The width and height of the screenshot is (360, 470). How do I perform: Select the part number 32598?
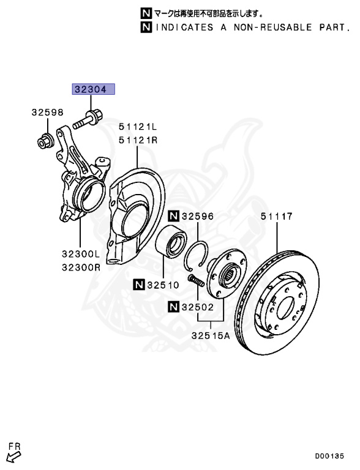(48, 113)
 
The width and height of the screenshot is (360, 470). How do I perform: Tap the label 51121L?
(138, 127)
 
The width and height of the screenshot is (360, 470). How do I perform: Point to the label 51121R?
(138, 140)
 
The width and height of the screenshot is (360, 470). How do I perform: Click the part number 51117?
(276, 216)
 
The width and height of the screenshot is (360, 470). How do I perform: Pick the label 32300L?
(80, 254)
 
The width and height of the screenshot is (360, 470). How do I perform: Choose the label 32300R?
(81, 267)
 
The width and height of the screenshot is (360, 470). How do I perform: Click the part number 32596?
(198, 216)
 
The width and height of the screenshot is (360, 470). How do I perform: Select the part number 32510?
(163, 285)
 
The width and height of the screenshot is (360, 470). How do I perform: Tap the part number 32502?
(198, 307)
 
